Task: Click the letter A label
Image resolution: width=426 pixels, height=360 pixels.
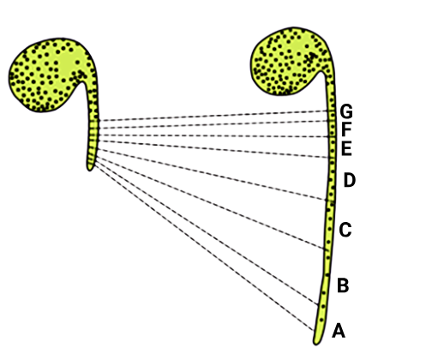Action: (339, 331)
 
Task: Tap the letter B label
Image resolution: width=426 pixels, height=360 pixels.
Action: (343, 285)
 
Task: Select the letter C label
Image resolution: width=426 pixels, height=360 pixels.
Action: (345, 230)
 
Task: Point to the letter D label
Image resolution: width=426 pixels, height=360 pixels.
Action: (350, 180)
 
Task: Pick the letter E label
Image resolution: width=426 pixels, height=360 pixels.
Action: (346, 148)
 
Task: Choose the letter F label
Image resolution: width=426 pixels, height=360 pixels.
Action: (346, 129)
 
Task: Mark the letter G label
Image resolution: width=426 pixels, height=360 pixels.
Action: (346, 111)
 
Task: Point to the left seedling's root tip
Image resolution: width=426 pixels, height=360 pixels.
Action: (90, 170)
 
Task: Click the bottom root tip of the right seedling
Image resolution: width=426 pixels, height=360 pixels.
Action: (316, 344)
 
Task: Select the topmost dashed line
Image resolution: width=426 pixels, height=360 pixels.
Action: (213, 116)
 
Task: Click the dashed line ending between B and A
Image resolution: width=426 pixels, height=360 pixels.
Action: (207, 231)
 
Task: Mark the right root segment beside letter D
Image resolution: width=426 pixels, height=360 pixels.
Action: (331, 179)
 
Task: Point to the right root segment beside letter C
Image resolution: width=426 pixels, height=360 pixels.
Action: (329, 225)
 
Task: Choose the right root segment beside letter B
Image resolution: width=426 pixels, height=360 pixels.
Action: (324, 277)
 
